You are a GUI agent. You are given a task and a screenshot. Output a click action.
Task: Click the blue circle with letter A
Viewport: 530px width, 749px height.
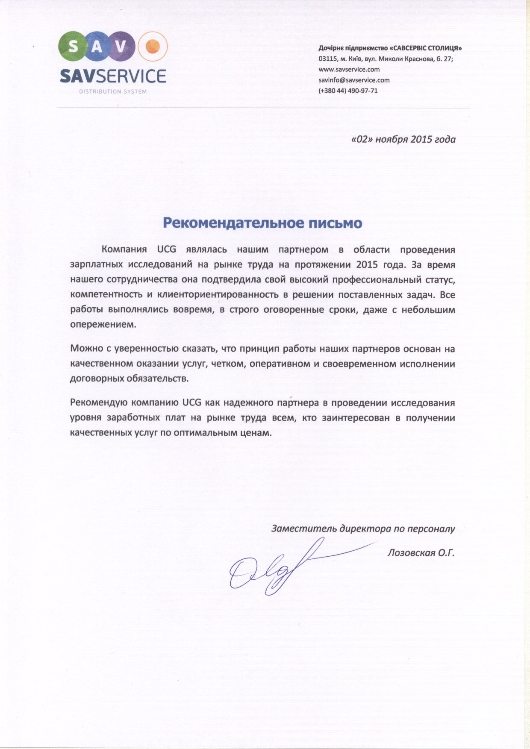(97, 46)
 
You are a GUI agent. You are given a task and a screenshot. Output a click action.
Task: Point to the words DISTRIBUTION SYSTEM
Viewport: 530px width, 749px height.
(113, 91)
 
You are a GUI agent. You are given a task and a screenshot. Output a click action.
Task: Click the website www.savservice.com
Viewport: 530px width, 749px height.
(349, 69)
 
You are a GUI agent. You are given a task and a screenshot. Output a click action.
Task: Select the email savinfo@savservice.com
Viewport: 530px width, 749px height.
(354, 80)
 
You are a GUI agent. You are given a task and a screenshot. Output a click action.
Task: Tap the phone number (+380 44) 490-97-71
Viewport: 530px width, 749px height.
(348, 91)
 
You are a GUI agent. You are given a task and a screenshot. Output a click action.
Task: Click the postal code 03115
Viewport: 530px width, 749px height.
(327, 59)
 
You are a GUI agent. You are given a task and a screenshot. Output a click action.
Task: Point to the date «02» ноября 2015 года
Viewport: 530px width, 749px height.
(403, 139)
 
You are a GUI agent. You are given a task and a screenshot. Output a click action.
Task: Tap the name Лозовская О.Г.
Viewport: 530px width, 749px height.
(421, 553)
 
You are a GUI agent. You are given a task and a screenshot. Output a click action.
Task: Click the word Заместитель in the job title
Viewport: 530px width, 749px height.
(304, 529)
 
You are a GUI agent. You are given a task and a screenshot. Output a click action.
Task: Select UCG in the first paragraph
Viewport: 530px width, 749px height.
(166, 250)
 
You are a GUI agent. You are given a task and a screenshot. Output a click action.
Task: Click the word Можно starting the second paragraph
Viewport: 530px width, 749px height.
(85, 348)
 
